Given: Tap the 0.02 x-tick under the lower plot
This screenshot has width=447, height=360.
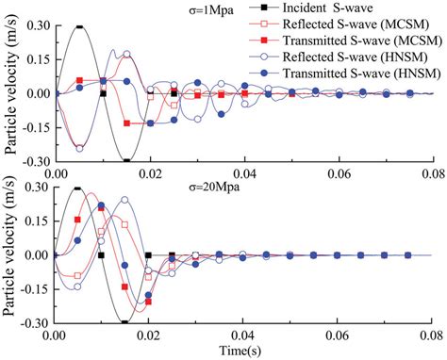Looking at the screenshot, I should pyautogui.click(x=149, y=334).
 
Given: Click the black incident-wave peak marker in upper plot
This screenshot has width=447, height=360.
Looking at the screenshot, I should pyautogui.click(x=79, y=26).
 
